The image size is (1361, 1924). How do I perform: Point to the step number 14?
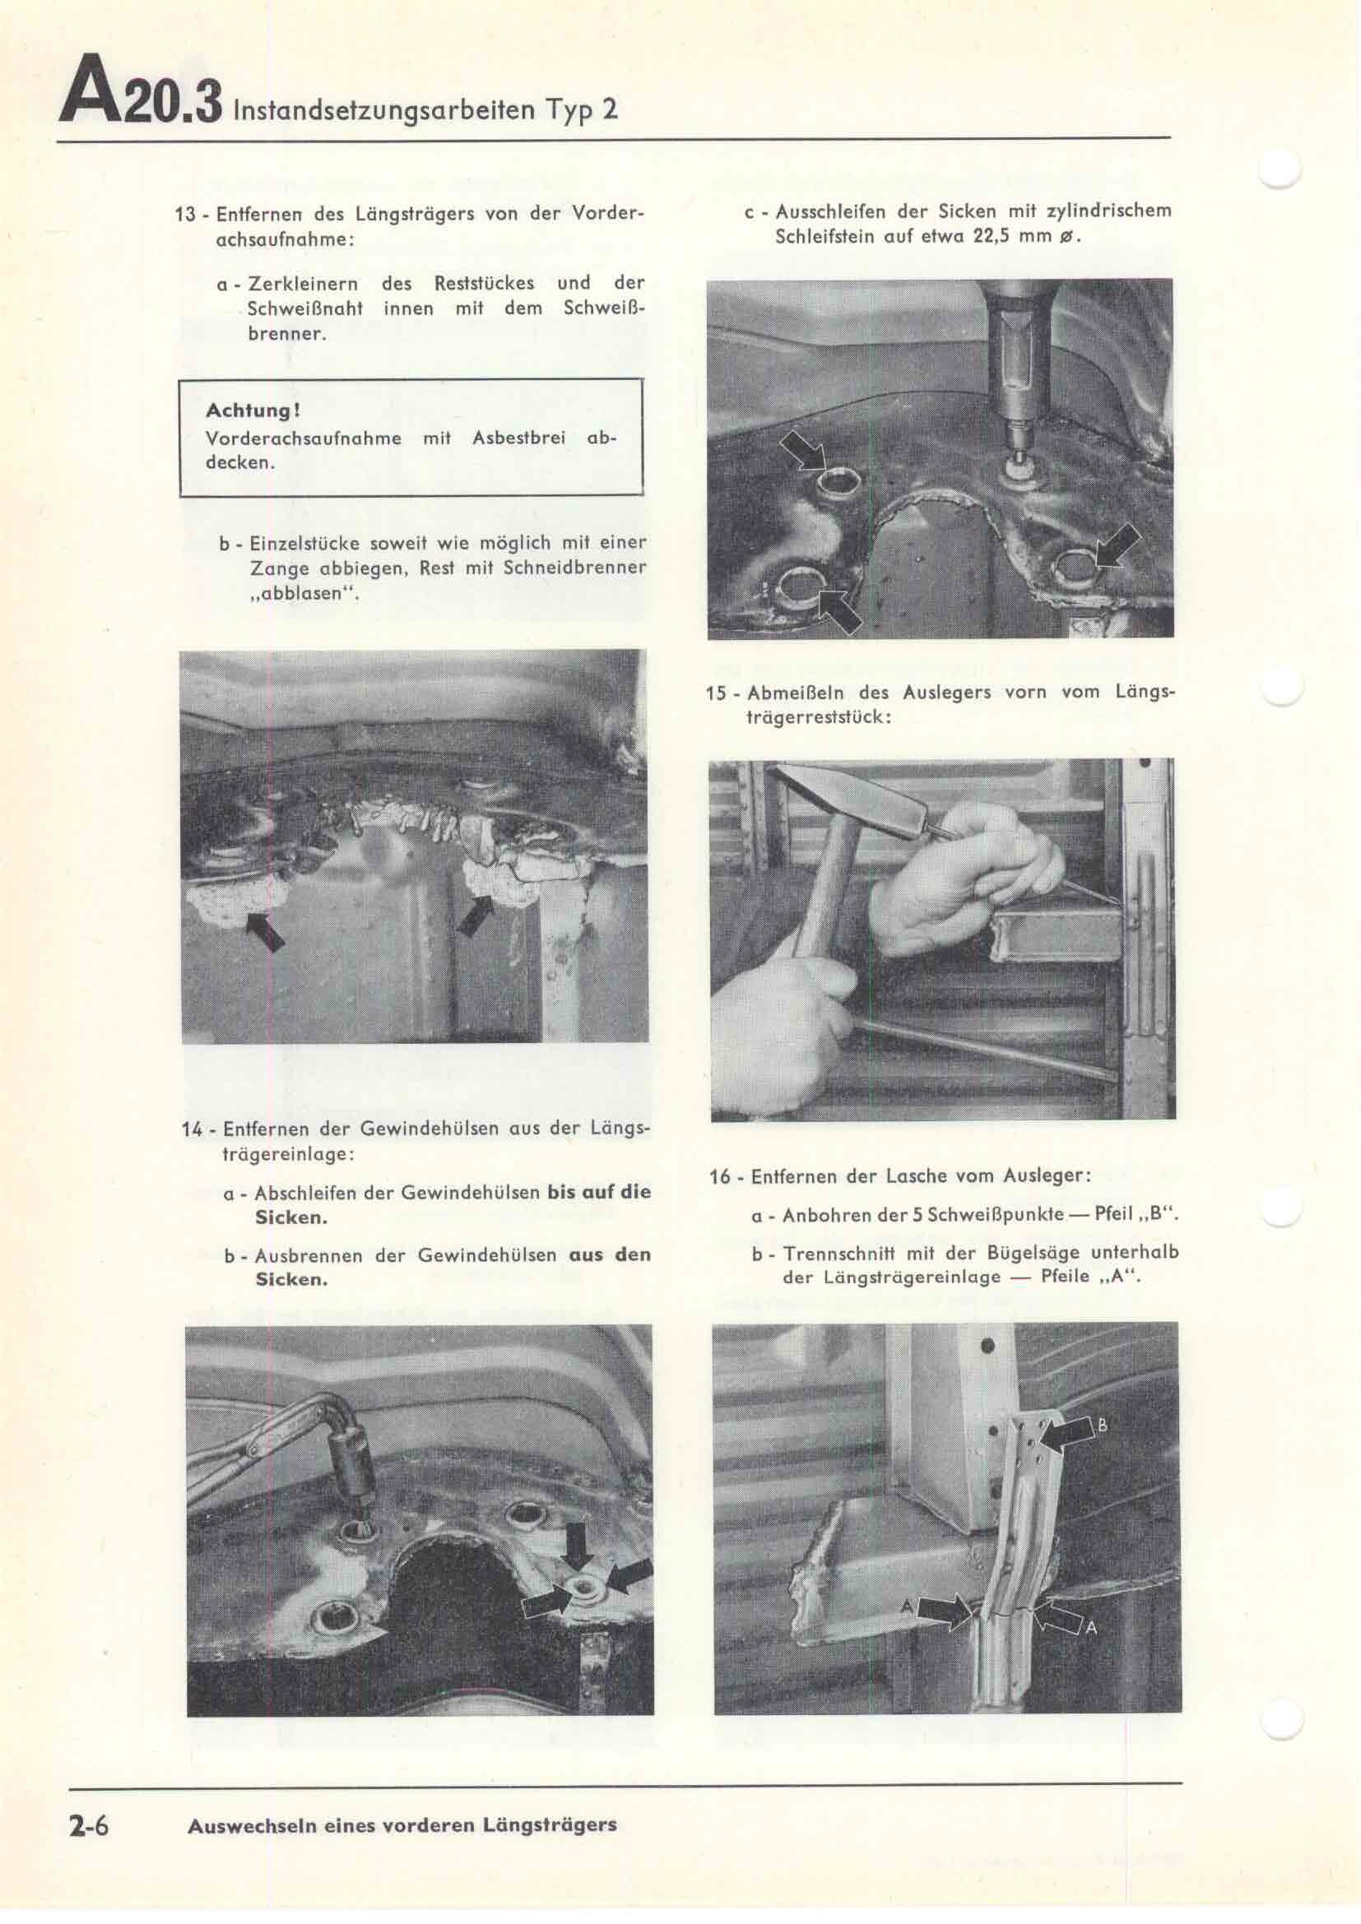192,1129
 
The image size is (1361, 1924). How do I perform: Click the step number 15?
718,693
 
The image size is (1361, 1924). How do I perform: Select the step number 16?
720,1176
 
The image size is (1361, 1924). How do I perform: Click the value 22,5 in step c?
992,236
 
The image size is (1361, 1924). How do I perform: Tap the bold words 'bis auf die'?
598,1192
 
